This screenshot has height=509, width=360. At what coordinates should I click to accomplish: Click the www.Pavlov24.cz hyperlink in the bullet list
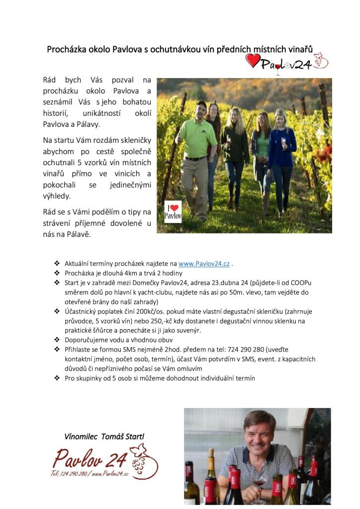pos(204,263)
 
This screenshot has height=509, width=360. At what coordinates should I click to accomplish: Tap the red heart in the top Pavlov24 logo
pos(253,61)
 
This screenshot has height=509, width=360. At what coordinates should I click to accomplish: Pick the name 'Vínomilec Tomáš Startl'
pos(104,436)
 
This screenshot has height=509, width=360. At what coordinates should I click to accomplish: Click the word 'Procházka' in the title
pos(66,50)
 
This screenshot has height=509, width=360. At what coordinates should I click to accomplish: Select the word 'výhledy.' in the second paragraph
pos(57,196)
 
